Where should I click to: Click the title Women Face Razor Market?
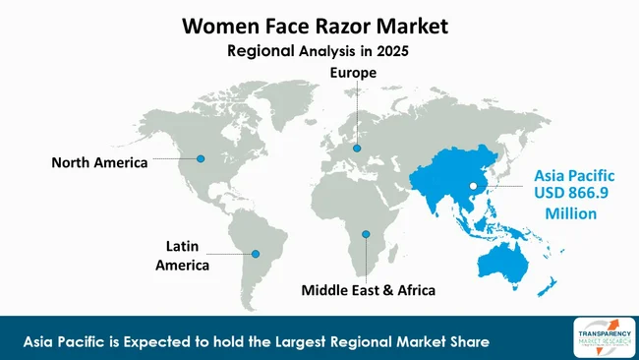(319, 27)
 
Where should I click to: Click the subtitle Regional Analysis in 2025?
(319, 50)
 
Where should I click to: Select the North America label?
(99, 162)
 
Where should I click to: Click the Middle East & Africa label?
(369, 291)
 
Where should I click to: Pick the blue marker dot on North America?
(201, 157)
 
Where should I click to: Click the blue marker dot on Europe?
(357, 149)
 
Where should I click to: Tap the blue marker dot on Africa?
(366, 234)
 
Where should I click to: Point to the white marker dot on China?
(472, 184)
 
